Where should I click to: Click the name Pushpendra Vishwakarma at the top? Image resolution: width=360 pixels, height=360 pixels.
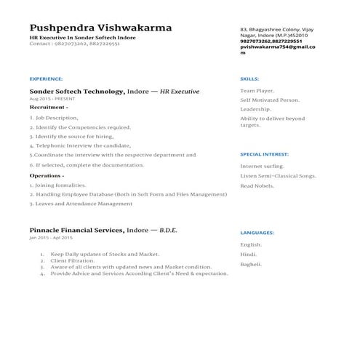pyautogui.click(x=100, y=28)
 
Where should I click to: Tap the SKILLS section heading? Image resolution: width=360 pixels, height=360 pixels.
pyautogui.click(x=249, y=78)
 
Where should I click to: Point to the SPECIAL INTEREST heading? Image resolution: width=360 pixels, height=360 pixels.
pyautogui.click(x=265, y=154)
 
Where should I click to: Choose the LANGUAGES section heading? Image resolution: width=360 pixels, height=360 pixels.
pyautogui.click(x=257, y=233)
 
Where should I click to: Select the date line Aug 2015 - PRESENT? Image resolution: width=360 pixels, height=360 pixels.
pyautogui.click(x=52, y=98)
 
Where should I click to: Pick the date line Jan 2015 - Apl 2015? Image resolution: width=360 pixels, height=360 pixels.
pyautogui.click(x=51, y=238)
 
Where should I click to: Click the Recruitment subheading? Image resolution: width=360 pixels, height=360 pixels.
pyautogui.click(x=49, y=107)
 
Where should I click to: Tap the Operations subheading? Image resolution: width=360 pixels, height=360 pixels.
pyautogui.click(x=47, y=175)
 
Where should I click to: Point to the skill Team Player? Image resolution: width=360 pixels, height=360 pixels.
pyautogui.click(x=257, y=91)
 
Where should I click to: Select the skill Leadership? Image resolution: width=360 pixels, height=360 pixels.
pyautogui.click(x=255, y=108)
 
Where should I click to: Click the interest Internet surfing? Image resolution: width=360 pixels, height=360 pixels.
pyautogui.click(x=262, y=166)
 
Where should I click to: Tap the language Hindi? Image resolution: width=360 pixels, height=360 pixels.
pyautogui.click(x=249, y=255)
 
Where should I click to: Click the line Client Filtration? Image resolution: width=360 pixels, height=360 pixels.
pyautogui.click(x=74, y=260)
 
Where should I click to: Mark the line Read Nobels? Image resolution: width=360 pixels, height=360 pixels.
pyautogui.click(x=257, y=186)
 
